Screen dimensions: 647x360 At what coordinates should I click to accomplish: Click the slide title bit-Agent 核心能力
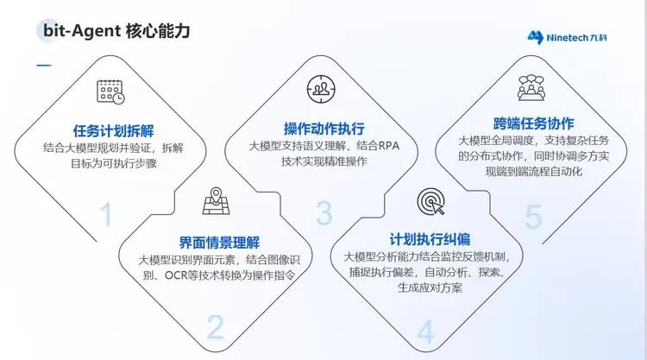[116, 31]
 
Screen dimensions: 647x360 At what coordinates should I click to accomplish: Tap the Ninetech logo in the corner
[567, 38]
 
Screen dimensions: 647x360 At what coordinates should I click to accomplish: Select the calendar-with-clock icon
[110, 92]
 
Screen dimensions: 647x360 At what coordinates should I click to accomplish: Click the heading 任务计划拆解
[114, 131]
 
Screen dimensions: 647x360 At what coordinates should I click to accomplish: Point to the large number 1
[106, 214]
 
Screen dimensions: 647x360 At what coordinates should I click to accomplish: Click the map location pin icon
[216, 201]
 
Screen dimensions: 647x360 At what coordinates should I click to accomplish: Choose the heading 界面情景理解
[219, 243]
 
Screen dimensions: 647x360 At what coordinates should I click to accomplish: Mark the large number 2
[216, 327]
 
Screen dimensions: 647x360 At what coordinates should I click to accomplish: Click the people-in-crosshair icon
[321, 89]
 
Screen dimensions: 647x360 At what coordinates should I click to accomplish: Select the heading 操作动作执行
[323, 129]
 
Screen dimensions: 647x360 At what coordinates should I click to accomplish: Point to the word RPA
[389, 146]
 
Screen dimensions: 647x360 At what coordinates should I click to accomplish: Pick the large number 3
[324, 213]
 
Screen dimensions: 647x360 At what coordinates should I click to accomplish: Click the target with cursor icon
[430, 202]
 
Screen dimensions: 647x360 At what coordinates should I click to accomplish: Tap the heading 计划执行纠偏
[430, 239]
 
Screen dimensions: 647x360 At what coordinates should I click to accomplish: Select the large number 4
[425, 332]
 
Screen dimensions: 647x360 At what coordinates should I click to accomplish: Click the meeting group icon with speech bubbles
[531, 87]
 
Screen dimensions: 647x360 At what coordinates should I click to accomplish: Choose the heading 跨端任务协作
[533, 123]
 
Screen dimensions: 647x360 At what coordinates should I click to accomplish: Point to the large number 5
[533, 217]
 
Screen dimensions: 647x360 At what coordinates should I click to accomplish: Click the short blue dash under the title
[44, 66]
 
